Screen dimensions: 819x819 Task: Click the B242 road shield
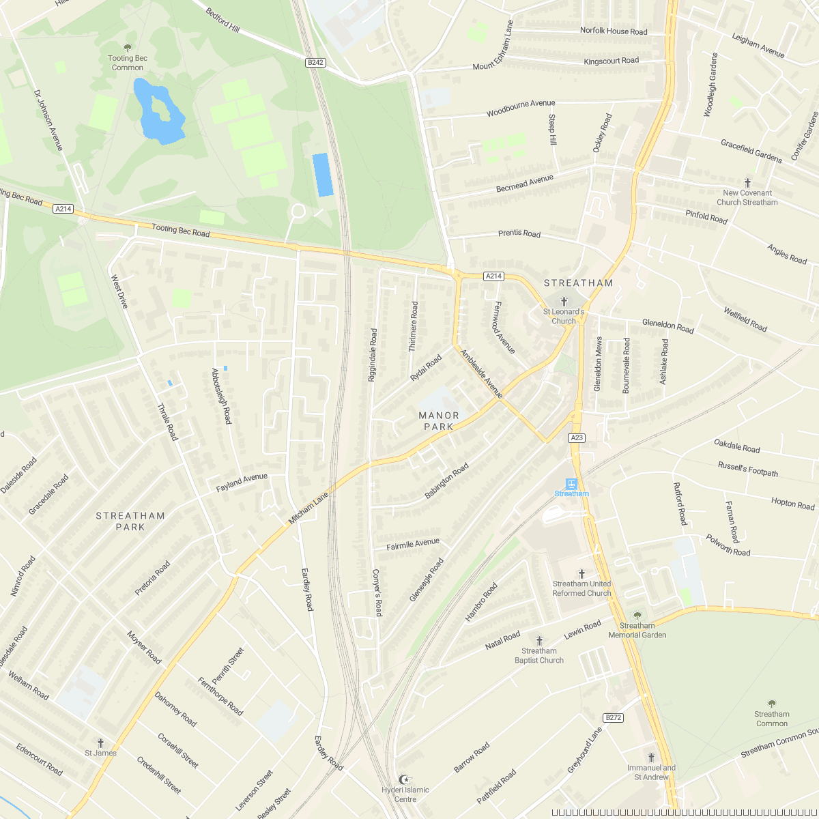tap(315, 62)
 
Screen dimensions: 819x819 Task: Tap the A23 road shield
tap(577, 437)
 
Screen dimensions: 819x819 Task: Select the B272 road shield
tap(614, 717)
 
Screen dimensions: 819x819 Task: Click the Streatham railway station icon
tap(572, 484)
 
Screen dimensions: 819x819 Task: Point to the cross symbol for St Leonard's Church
tap(564, 301)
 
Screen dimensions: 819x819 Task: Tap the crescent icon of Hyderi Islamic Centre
tap(405, 779)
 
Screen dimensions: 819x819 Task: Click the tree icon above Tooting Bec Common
tap(128, 48)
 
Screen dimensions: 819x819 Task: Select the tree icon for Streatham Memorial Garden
tap(637, 616)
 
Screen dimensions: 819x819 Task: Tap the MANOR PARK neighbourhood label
tap(439, 420)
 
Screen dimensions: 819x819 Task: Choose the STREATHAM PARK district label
tap(130, 521)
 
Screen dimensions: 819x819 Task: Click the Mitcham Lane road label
tap(308, 508)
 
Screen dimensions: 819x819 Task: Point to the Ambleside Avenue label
tap(482, 374)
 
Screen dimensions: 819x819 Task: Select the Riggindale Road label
tap(373, 355)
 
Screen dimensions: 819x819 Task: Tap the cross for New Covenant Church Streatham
tap(748, 183)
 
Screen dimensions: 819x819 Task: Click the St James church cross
tap(100, 743)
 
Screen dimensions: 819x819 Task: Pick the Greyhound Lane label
tap(585, 750)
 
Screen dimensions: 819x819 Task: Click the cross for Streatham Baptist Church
tap(539, 641)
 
